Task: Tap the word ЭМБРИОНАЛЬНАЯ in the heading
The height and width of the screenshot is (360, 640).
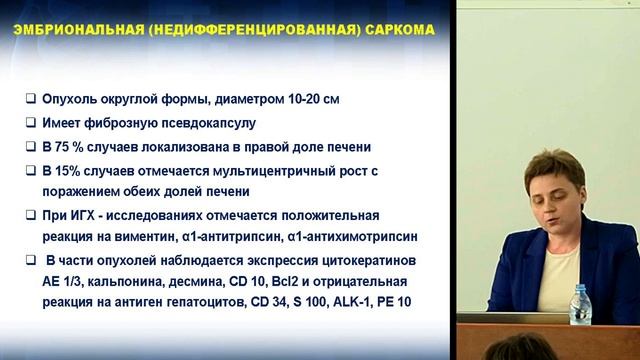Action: point(71,30)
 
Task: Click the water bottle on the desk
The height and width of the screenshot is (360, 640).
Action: point(580,305)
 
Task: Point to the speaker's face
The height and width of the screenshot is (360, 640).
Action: point(555,189)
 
